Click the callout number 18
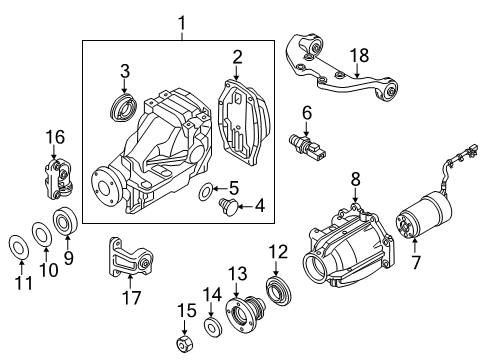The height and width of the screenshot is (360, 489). (359, 56)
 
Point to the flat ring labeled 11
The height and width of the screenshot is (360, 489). (18, 247)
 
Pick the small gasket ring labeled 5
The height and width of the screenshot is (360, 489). (206, 191)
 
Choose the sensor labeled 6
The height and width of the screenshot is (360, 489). (308, 146)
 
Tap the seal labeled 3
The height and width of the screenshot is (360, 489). (123, 108)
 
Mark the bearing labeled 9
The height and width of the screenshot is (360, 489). (65, 221)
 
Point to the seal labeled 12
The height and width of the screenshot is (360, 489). (278, 290)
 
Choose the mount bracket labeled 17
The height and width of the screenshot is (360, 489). (129, 257)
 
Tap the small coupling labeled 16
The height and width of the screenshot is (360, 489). (58, 179)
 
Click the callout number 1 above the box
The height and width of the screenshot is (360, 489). (182, 24)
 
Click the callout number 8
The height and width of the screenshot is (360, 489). (355, 179)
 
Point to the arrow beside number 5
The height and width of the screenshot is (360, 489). (219, 189)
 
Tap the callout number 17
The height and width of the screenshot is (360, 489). (131, 297)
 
